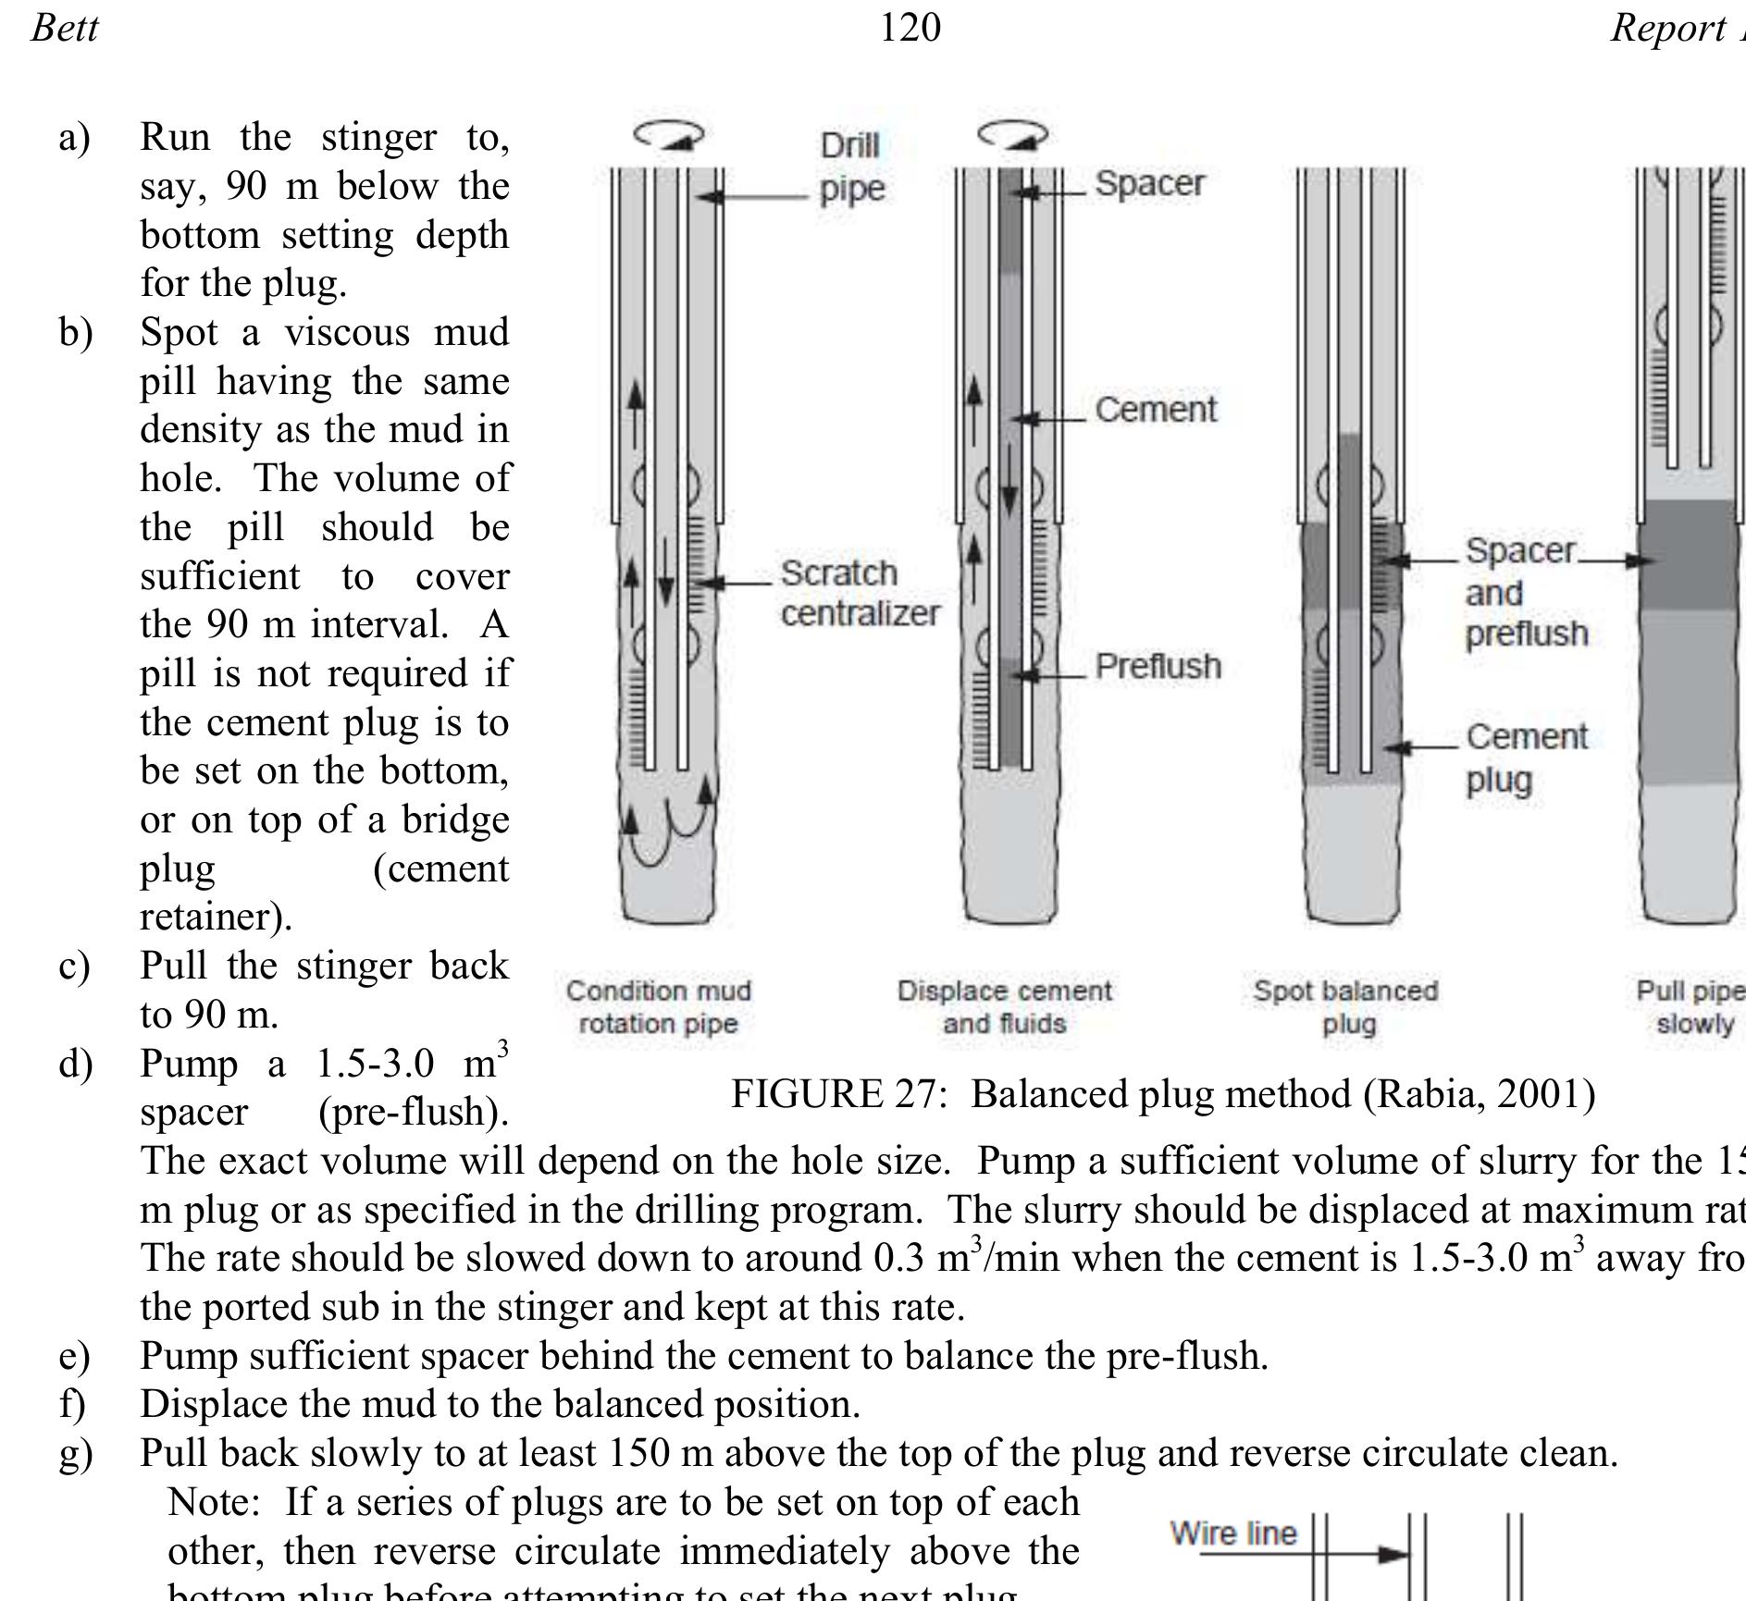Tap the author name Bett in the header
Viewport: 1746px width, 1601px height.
coord(65,27)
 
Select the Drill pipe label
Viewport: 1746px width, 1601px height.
coord(852,167)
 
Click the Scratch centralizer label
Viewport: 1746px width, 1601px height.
coord(860,593)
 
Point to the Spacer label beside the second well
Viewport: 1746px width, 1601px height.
coord(1149,183)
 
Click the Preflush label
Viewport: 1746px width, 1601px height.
coord(1158,666)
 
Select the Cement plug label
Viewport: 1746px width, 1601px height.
coord(1526,758)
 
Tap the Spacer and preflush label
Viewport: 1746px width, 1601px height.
coord(1526,592)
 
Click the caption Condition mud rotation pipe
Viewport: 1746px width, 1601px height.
coord(659,1007)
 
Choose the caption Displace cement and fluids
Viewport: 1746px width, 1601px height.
coord(1004,1007)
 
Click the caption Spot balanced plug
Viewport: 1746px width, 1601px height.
coord(1346,1007)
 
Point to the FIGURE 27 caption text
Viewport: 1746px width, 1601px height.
coord(1163,1094)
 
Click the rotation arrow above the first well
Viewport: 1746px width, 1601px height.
coord(668,136)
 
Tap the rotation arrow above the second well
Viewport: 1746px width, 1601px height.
coord(1012,137)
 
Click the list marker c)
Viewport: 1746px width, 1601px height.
coord(74,967)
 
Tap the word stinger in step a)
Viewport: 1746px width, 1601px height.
coord(378,137)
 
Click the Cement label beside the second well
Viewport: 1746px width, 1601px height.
coord(1156,410)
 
